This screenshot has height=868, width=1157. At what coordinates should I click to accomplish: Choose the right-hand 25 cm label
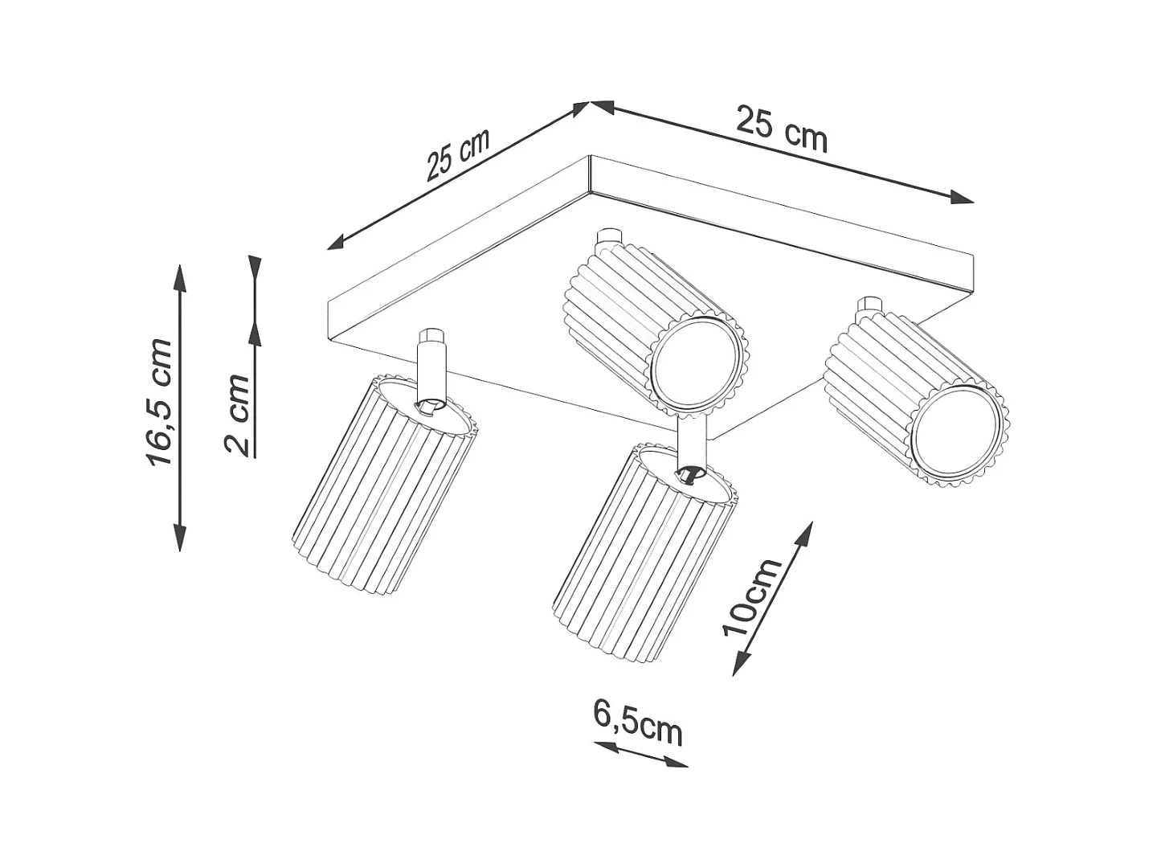point(781,129)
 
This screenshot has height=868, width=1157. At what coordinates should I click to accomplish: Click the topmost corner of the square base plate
point(591,157)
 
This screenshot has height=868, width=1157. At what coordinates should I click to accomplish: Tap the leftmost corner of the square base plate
point(329,302)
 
